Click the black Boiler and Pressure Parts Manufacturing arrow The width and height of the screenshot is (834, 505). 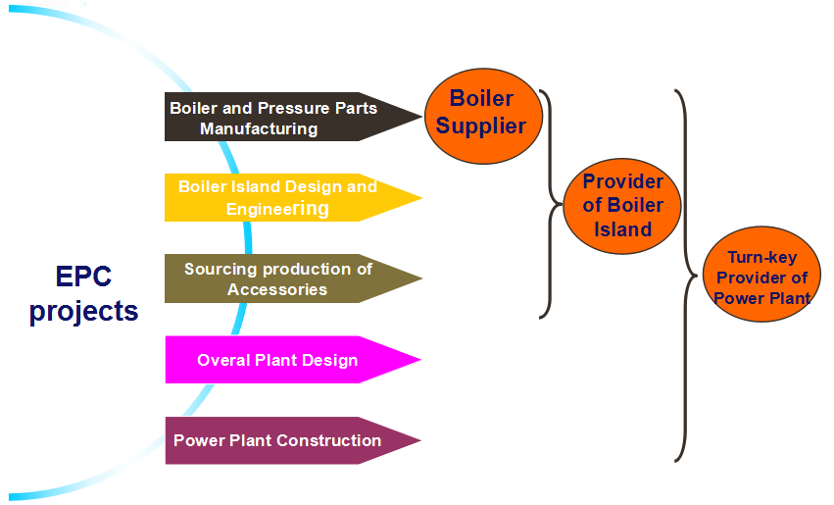click(293, 117)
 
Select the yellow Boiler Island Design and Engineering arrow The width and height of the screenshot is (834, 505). click(293, 197)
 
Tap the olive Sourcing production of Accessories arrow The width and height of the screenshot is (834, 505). click(293, 278)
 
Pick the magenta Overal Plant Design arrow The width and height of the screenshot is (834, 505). click(293, 360)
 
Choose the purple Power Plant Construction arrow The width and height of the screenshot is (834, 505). click(293, 440)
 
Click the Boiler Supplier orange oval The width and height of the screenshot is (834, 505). click(483, 116)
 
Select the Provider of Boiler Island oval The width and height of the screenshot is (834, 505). click(621, 206)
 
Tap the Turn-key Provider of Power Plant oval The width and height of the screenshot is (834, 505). click(761, 274)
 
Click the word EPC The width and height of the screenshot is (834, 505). click(83, 277)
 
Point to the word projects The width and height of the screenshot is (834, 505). click(83, 311)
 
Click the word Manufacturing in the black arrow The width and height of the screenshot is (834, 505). click(259, 128)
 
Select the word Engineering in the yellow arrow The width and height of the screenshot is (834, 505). click(277, 209)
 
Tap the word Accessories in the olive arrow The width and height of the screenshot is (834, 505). click(277, 289)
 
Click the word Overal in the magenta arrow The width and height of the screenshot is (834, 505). click(223, 360)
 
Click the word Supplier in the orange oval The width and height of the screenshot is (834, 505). click(481, 126)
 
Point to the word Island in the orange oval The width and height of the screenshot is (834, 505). click(622, 229)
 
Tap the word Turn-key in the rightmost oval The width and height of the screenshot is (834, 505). click(762, 258)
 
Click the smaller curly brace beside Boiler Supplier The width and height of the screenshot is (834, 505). click(551, 204)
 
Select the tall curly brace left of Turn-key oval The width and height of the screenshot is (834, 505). click(686, 276)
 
